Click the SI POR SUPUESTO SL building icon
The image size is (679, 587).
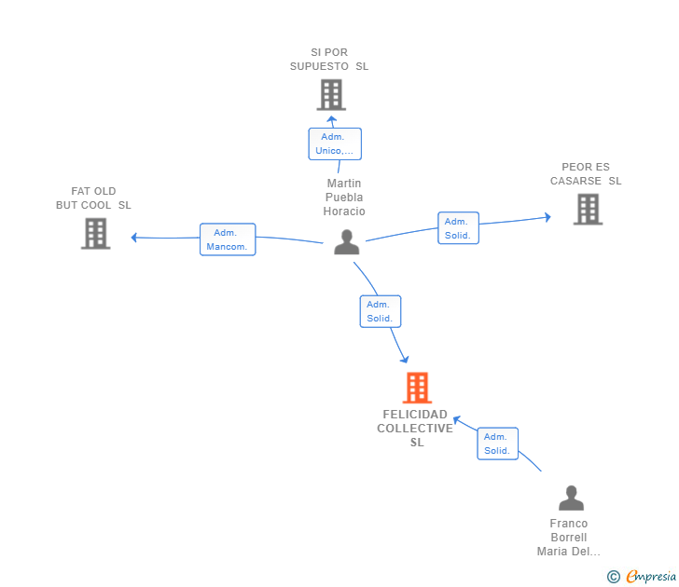pyautogui.click(x=331, y=95)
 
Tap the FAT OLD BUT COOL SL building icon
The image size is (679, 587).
pyautogui.click(x=96, y=234)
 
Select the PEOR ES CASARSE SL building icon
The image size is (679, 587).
pyautogui.click(x=588, y=210)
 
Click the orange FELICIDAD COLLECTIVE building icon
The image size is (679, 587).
pyautogui.click(x=418, y=388)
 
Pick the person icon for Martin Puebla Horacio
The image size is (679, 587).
pyautogui.click(x=346, y=242)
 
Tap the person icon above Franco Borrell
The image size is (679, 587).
pyautogui.click(x=571, y=498)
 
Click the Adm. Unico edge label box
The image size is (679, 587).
pyautogui.click(x=335, y=143)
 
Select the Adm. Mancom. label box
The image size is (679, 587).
pyautogui.click(x=228, y=239)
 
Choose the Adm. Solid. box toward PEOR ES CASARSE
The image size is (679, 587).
pyautogui.click(x=458, y=228)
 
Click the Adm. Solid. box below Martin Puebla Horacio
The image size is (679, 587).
pyautogui.click(x=381, y=311)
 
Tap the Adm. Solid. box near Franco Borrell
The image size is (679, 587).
pyautogui.click(x=497, y=444)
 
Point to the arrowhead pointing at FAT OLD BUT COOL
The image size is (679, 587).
pyautogui.click(x=134, y=238)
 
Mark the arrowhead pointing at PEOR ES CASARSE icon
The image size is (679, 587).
pyautogui.click(x=547, y=217)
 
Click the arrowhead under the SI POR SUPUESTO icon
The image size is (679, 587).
pyautogui.click(x=332, y=119)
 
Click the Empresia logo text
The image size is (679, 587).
pyautogui.click(x=651, y=576)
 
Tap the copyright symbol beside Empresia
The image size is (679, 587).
pyautogui.click(x=613, y=577)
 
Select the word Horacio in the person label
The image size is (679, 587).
pyautogui.click(x=344, y=212)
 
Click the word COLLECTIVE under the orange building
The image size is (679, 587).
pyautogui.click(x=415, y=429)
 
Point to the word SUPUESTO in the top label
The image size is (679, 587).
pyautogui.click(x=319, y=66)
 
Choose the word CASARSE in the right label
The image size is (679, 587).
pyautogui.click(x=575, y=181)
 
